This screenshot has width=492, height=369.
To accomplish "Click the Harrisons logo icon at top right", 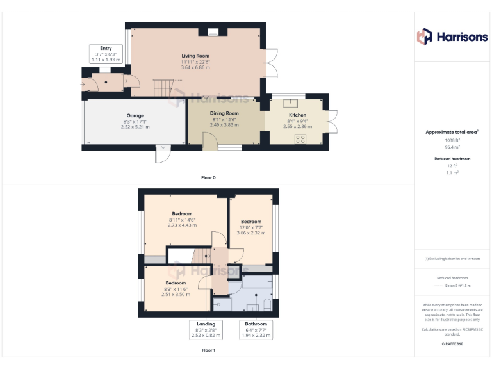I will pyautogui.click(x=425, y=37).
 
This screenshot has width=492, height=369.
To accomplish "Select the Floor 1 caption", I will pyautogui.click(x=208, y=350).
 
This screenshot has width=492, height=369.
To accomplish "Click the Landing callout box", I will pyautogui.click(x=206, y=329).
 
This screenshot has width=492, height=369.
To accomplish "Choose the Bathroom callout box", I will pyautogui.click(x=256, y=329).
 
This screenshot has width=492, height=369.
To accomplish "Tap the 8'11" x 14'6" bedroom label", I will pyautogui.click(x=182, y=219).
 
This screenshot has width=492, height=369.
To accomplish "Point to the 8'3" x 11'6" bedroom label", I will pyautogui.click(x=176, y=288).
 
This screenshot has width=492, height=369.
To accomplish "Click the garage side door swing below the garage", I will pyautogui.click(x=163, y=154).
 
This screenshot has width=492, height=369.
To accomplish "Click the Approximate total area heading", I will pyautogui.click(x=452, y=132).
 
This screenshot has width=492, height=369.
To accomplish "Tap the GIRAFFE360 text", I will pyautogui.click(x=453, y=345).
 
